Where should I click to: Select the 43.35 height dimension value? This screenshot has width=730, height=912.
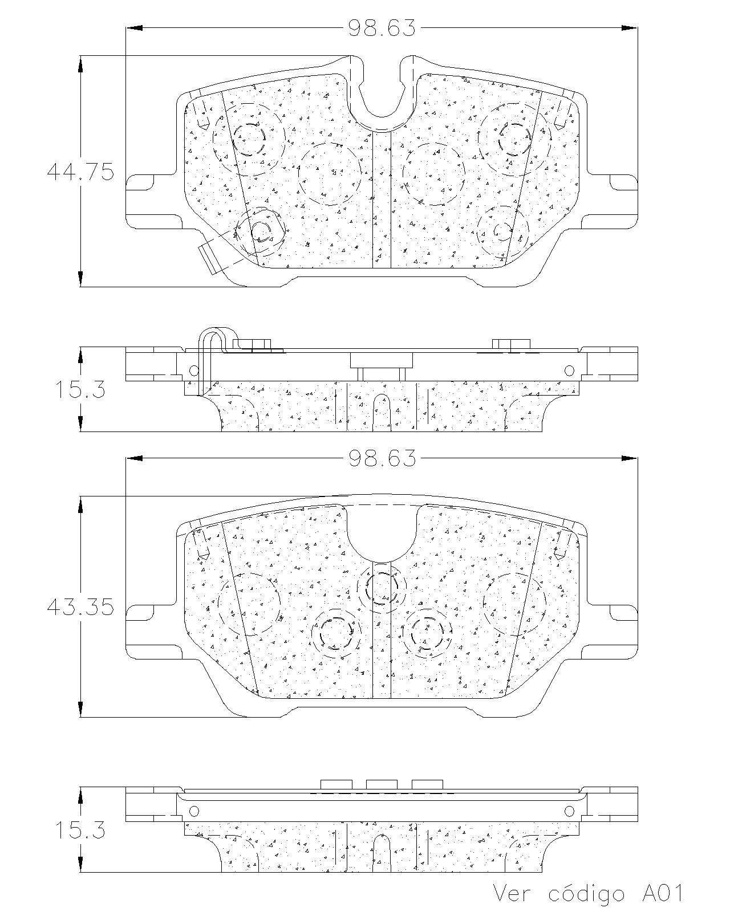[80, 607]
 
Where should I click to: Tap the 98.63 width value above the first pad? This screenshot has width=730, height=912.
[382, 28]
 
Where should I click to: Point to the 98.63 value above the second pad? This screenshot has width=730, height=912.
[382, 458]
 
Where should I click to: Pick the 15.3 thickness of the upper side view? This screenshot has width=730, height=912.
[80, 389]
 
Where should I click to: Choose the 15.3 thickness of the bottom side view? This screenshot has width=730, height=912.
[80, 829]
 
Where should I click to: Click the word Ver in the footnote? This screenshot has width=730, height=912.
[512, 891]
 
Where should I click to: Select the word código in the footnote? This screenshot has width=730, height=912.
[587, 893]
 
